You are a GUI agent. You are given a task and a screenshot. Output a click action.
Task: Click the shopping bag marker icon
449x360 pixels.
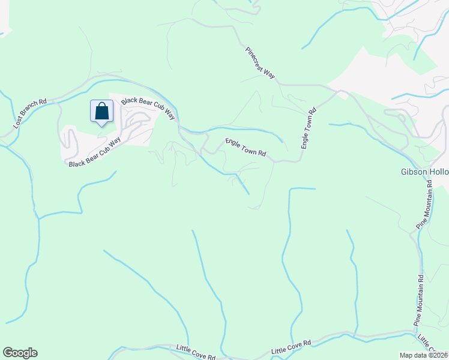(x=102, y=111)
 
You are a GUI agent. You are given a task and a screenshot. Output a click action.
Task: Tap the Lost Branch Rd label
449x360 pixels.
(x=30, y=114)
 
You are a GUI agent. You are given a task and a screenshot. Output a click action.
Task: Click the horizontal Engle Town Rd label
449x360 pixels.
(x=246, y=148)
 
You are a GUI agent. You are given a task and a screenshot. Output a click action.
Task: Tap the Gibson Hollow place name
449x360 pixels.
(x=424, y=172)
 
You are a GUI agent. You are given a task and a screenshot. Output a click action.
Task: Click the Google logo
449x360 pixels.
(x=20, y=353)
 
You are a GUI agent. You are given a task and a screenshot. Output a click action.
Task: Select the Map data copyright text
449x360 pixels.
(x=422, y=355)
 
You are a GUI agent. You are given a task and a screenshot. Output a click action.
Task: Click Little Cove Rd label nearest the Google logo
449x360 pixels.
(x=196, y=352)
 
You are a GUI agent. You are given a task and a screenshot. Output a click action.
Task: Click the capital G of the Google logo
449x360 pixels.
(x=8, y=353)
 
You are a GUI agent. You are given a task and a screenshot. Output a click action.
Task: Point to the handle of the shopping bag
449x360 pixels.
(x=102, y=106)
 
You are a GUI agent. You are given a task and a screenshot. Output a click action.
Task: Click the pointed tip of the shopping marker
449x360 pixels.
(x=102, y=126)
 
